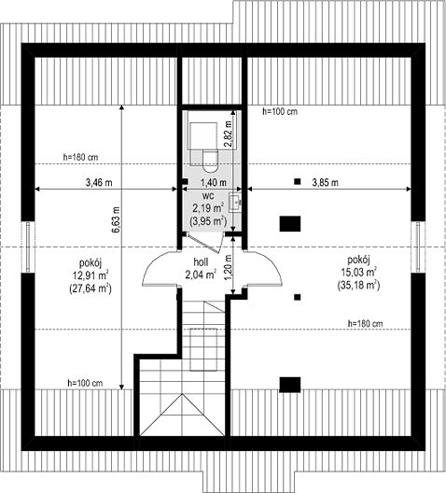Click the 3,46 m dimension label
(x=99, y=182)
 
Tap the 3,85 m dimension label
(x=325, y=182)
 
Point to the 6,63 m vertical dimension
(x=116, y=219)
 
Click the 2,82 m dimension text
(x=228, y=134)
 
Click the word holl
(x=201, y=261)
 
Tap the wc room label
(x=208, y=196)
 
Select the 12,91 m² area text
(x=91, y=275)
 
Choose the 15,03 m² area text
(x=359, y=272)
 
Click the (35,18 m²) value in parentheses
(x=358, y=285)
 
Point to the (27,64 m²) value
(x=91, y=289)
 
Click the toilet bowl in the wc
(x=210, y=161)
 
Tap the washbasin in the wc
(x=235, y=202)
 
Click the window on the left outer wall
(x=28, y=246)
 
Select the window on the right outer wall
(x=418, y=246)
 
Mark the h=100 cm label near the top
(x=280, y=111)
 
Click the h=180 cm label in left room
(x=81, y=157)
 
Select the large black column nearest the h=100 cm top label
(x=290, y=224)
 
